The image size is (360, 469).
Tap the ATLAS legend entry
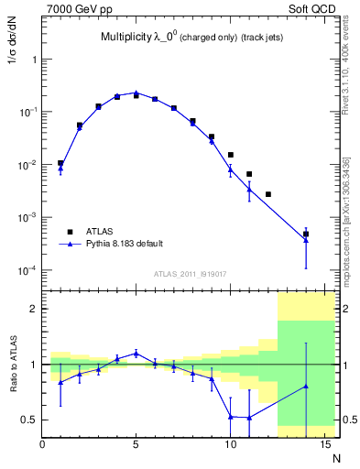(106, 232)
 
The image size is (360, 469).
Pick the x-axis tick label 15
(323, 445)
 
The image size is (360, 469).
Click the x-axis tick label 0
(43, 445)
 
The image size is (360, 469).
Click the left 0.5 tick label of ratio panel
(30, 420)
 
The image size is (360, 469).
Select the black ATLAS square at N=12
(267, 194)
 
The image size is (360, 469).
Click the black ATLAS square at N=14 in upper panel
(306, 234)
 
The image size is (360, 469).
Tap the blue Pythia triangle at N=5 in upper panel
(136, 93)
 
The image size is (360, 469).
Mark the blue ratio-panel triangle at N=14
(306, 386)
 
